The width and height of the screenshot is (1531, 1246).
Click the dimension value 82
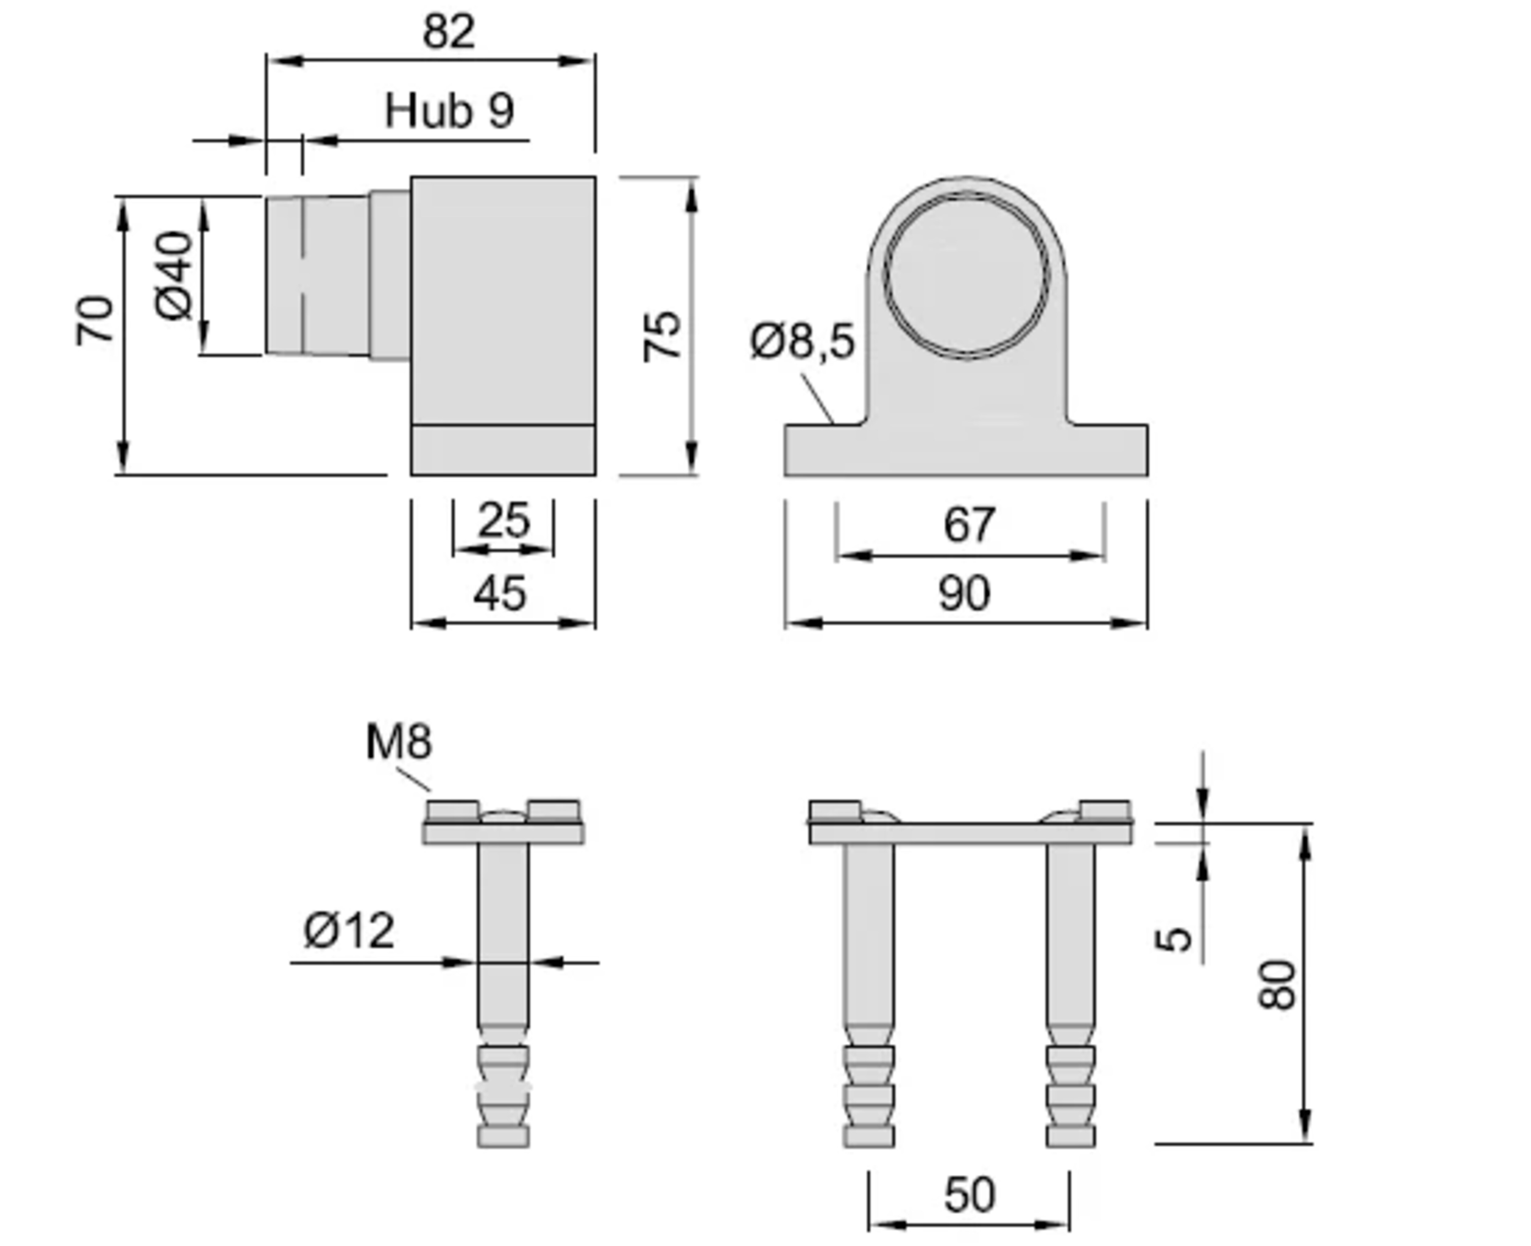(x=449, y=32)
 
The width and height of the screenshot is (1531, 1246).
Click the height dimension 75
(x=661, y=336)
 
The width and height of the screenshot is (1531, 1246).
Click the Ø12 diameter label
(x=349, y=931)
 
